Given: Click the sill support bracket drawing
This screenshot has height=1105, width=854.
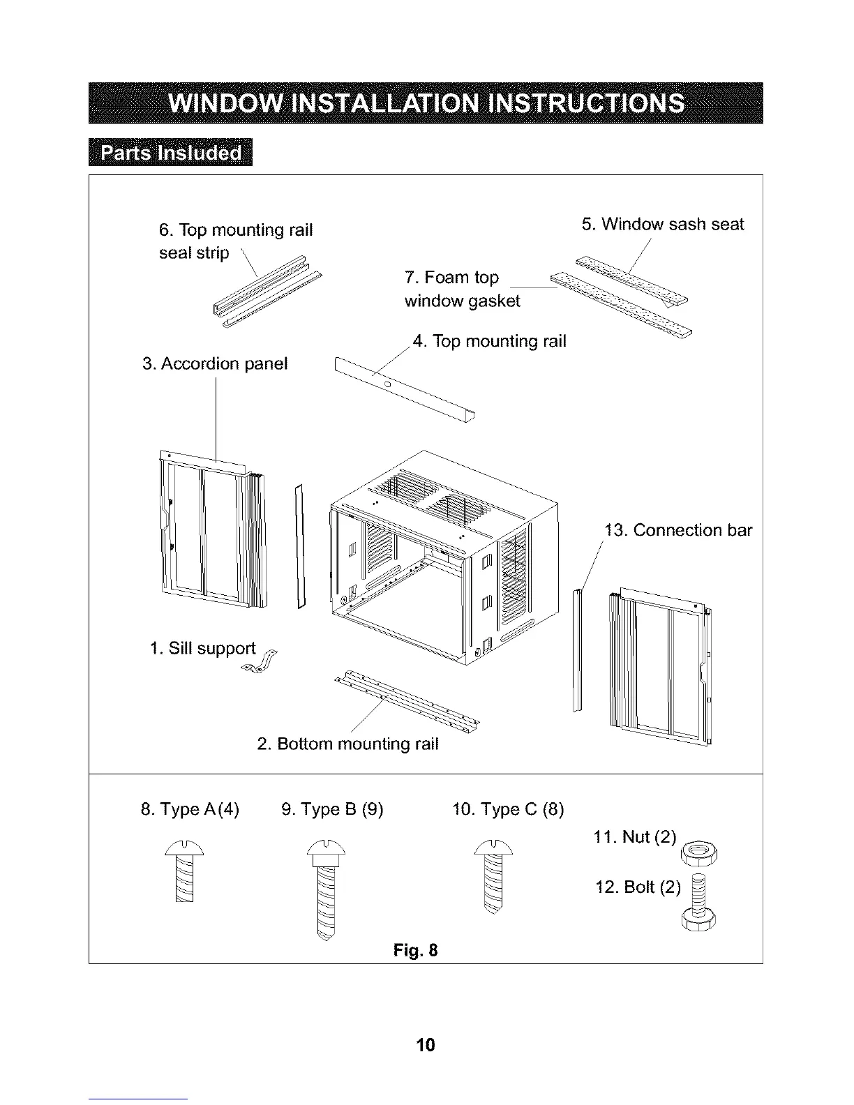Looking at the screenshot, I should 260,663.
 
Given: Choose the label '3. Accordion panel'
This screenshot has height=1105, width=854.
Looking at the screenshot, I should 215,363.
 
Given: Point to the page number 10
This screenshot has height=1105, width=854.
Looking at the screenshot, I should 425,1044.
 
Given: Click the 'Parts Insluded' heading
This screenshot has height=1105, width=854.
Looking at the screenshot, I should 171,153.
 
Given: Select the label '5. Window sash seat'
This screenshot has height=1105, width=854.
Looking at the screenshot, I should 663,224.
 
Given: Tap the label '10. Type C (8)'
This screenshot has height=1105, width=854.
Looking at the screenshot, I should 508,809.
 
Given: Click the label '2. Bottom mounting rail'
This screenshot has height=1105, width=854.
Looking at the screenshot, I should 347,744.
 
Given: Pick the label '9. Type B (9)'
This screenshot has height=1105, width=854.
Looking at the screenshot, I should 332,809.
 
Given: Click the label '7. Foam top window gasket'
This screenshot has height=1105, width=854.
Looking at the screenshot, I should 462,289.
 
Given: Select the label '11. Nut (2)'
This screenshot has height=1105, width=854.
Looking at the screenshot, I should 634,836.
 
